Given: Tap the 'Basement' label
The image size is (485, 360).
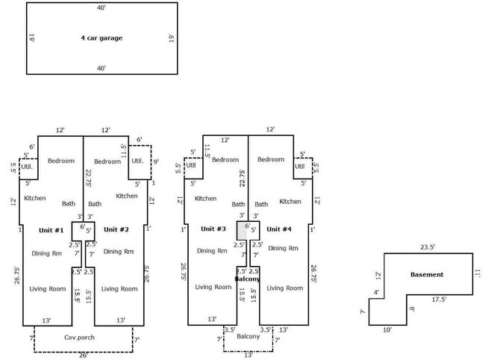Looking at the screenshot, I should pos(426,274).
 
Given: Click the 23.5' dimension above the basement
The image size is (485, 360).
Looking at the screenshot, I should pos(427,248).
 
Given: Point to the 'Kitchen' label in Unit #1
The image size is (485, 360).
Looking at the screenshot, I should pos(35,198).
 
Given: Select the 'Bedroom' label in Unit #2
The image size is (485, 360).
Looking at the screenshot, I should pos(107,161).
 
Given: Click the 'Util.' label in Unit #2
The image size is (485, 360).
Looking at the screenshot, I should pos(137,161).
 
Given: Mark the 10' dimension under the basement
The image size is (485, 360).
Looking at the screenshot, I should pos(387,329).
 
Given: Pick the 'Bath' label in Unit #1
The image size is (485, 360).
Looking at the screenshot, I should pos(69,203).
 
